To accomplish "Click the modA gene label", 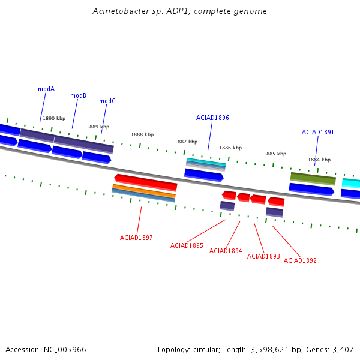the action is (x=46, y=89).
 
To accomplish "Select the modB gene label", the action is (x=78, y=95).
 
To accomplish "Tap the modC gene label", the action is (x=107, y=101).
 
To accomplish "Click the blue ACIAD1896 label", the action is (x=212, y=118).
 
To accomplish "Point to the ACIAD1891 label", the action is (x=318, y=132).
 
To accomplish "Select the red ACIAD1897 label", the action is (x=136, y=238).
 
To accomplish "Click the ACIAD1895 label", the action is (x=187, y=245).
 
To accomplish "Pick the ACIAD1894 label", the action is (x=226, y=251).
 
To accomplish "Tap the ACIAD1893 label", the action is (x=263, y=256).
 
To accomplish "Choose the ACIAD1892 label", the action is (x=300, y=260).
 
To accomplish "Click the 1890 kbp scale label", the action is (x=54, y=118).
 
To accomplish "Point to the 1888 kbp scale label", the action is (x=142, y=134).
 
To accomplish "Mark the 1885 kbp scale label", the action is (x=275, y=154).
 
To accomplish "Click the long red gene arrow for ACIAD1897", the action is (x=146, y=182).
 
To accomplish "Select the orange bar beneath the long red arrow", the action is (x=144, y=191).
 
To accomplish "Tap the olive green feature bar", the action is (x=313, y=179).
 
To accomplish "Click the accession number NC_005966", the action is (x=65, y=350).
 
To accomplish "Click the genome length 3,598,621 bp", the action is (x=274, y=350).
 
